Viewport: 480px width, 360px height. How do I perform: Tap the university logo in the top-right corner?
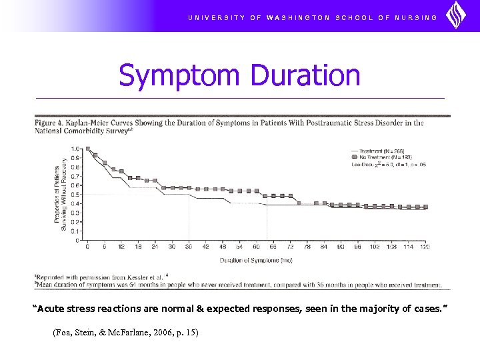(x=457, y=15)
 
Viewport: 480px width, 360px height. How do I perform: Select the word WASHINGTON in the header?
(x=298, y=17)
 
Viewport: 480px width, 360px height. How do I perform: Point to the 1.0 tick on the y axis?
(x=76, y=149)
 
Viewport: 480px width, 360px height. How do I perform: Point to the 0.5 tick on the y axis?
(x=76, y=194)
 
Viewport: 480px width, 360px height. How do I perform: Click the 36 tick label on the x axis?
(x=189, y=247)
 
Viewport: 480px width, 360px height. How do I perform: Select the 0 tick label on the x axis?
(x=87, y=247)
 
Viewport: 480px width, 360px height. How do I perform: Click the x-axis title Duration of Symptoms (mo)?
(x=255, y=259)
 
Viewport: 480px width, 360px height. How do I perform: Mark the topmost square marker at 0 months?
(x=87, y=149)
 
